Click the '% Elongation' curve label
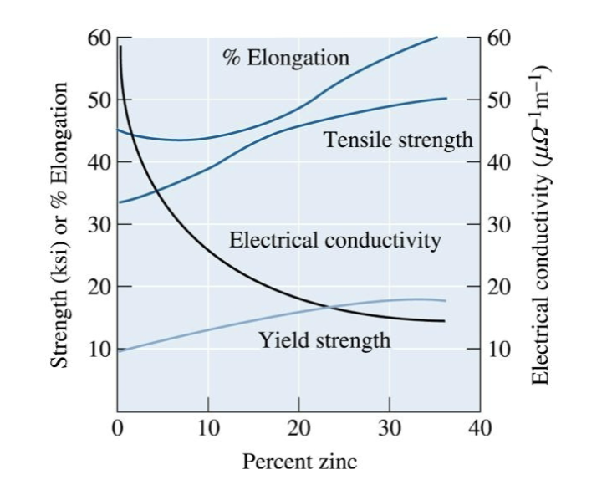286,58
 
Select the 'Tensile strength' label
398,140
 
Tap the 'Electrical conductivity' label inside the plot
334,241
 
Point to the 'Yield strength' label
324,339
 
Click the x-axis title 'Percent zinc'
298,461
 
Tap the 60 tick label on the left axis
99,38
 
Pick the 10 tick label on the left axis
99,349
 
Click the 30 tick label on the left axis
99,225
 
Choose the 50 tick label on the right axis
498,100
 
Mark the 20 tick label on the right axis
498,287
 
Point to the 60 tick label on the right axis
498,38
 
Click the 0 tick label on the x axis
118,429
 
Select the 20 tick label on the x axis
298,429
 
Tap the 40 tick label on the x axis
479,429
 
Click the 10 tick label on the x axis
208,429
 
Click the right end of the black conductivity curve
445,321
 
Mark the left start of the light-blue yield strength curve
118,350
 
